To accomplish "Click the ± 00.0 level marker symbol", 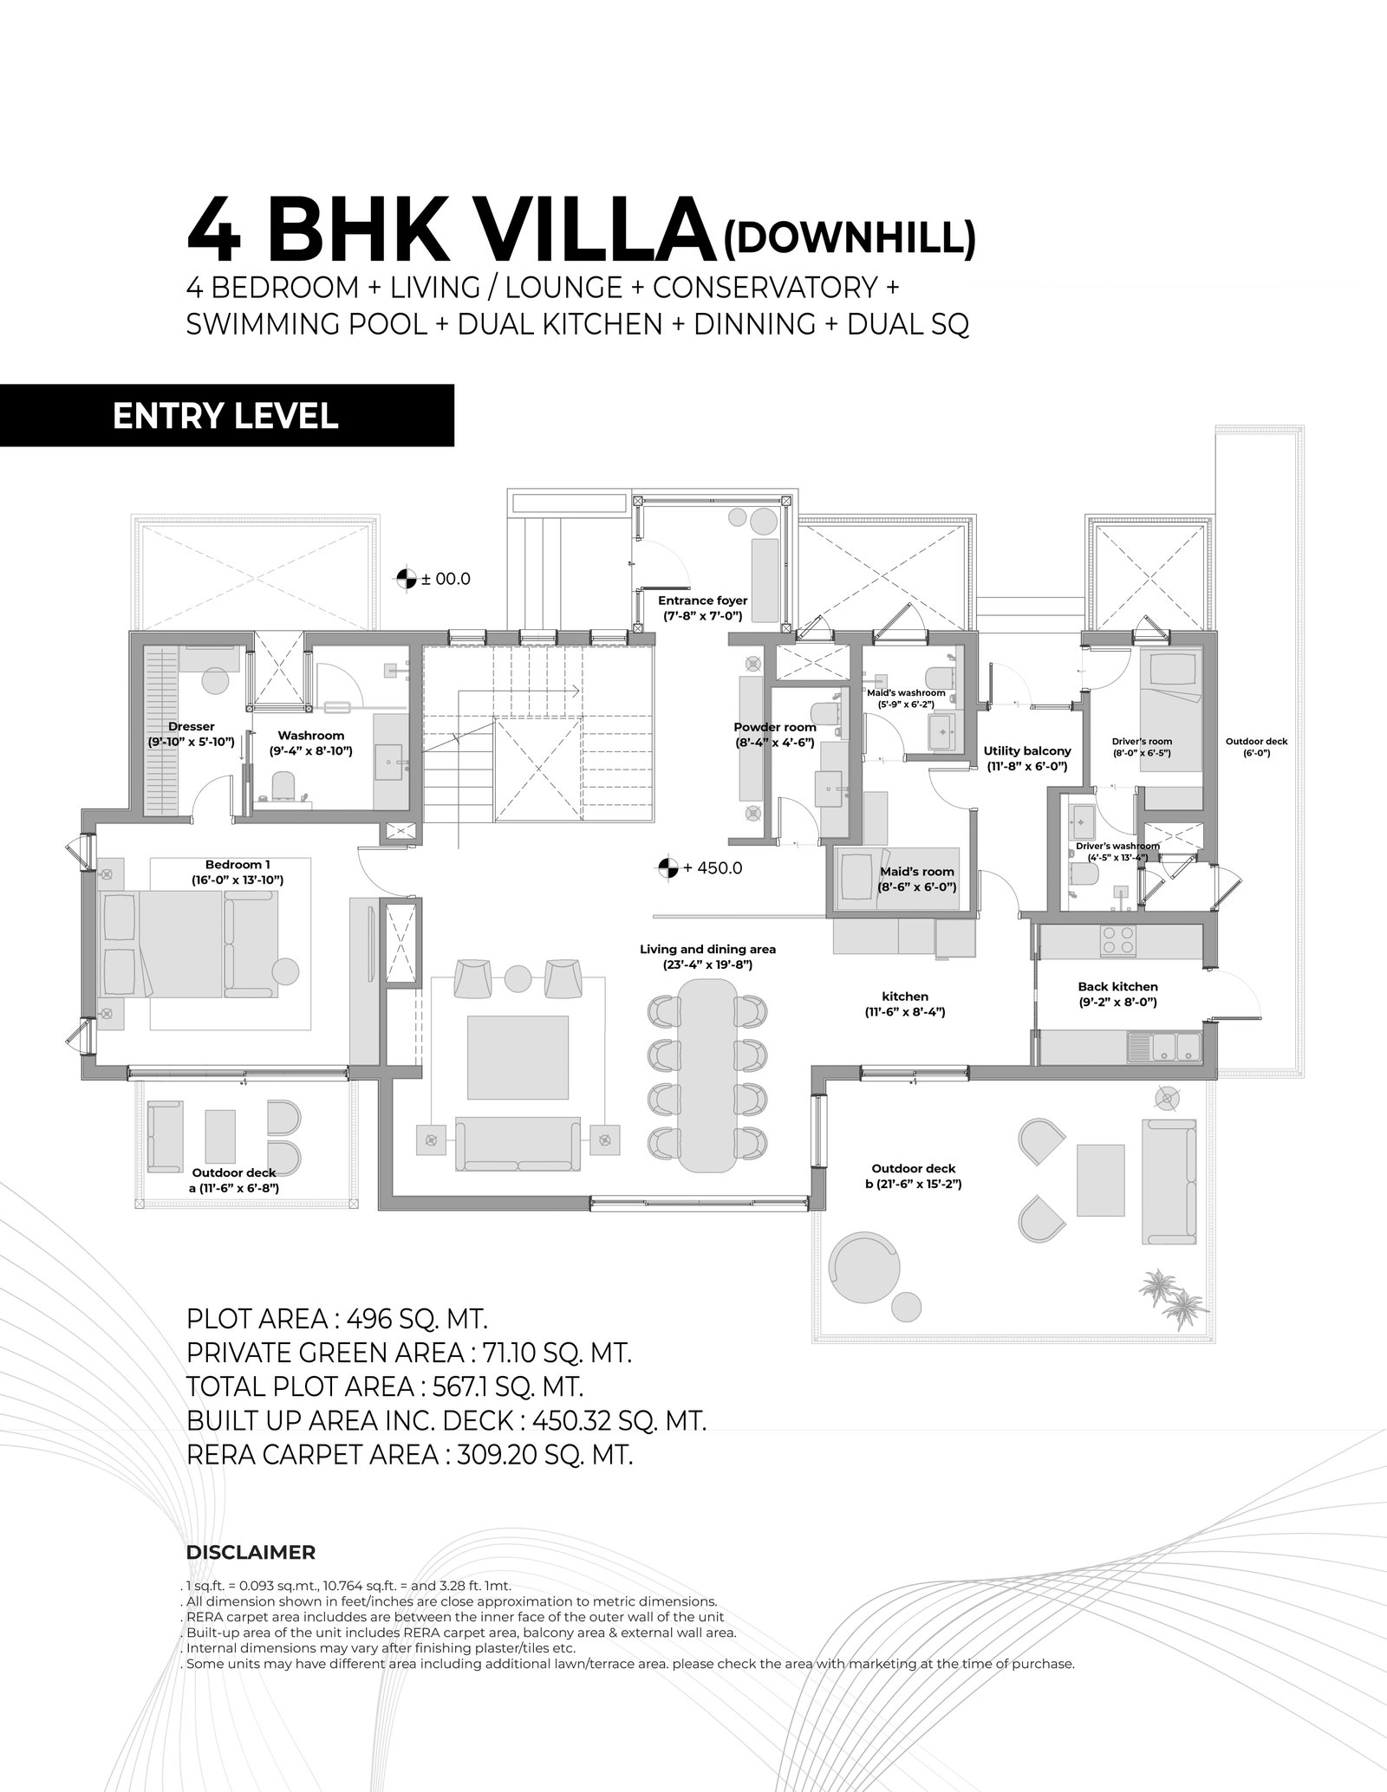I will click(x=405, y=579).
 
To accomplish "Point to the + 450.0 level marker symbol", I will click(x=667, y=867).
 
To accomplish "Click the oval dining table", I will click(x=707, y=1075).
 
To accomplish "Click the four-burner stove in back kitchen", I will click(x=1117, y=941).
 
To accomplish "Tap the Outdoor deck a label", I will click(x=234, y=1180).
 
